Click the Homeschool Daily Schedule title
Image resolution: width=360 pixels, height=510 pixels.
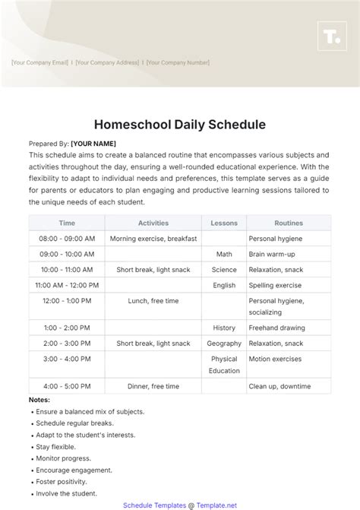coord(180,124)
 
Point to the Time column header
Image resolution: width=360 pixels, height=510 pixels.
coord(67,223)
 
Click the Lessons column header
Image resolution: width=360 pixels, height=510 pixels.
coord(224,223)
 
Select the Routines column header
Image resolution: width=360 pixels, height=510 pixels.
coord(289,223)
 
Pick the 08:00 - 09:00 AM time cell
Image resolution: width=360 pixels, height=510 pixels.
coord(67,239)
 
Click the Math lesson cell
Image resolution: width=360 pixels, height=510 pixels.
coord(224,254)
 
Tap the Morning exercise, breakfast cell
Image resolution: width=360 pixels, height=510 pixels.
coord(153,239)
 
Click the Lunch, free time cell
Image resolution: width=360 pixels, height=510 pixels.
coord(153,301)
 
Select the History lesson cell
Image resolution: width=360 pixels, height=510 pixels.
coord(224,328)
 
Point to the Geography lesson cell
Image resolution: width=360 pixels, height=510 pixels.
coord(224,344)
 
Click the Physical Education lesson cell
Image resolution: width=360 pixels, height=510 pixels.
coord(224,365)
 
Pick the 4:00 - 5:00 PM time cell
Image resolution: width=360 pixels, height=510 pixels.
coord(67,386)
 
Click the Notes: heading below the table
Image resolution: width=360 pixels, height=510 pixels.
coord(39,399)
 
